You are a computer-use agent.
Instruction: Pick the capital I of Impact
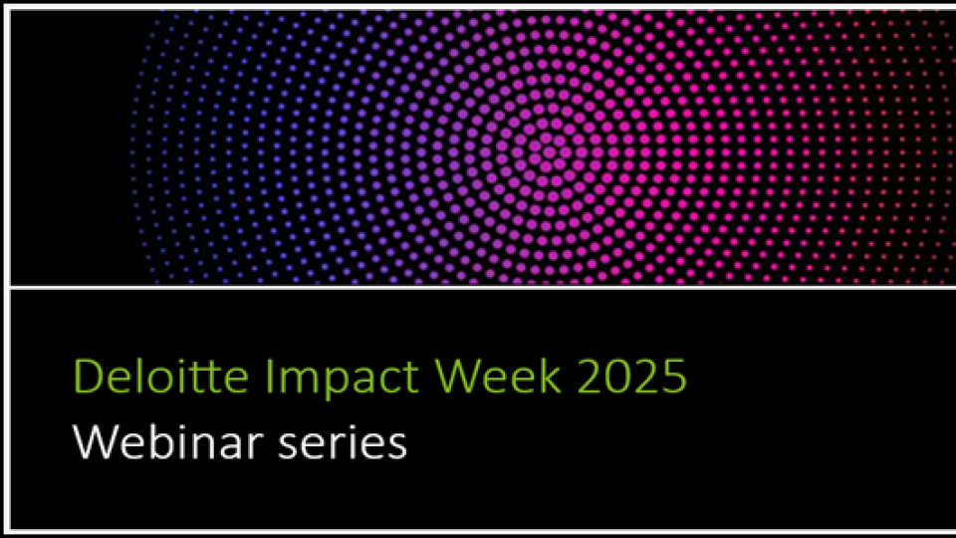click(258, 378)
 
